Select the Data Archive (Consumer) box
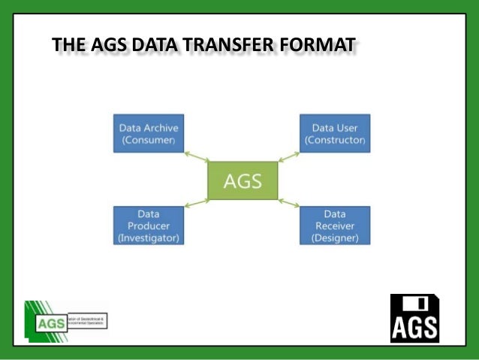tap(149, 134)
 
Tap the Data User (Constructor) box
tap(335, 134)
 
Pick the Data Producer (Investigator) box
tap(149, 225)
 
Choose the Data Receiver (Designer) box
tap(335, 225)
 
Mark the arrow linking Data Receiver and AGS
tap(288, 201)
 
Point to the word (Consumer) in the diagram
tap(149, 141)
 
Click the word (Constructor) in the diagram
tap(335, 141)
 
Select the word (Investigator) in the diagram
tap(149, 238)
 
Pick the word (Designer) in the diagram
tap(335, 238)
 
